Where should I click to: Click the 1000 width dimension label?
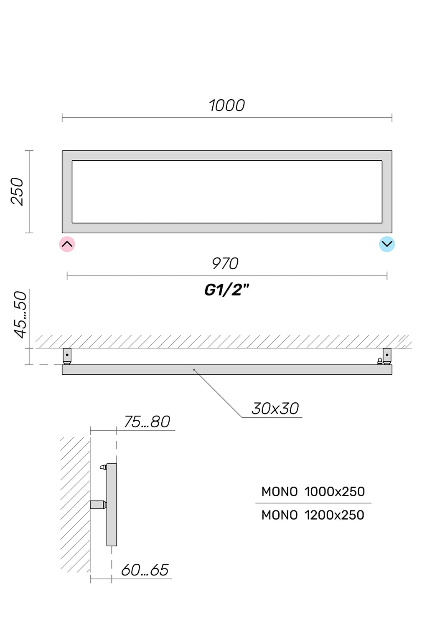pyautogui.click(x=227, y=106)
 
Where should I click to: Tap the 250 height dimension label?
pyautogui.click(x=17, y=192)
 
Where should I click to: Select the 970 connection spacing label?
pyautogui.click(x=225, y=263)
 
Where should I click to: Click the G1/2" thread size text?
pyautogui.click(x=226, y=290)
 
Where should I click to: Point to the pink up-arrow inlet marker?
pyautogui.click(x=67, y=244)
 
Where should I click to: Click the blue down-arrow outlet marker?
pyautogui.click(x=387, y=244)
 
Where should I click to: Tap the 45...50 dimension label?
pyautogui.click(x=20, y=315)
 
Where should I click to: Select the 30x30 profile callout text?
pyautogui.click(x=275, y=409)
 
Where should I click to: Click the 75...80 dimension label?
pyautogui.click(x=147, y=422)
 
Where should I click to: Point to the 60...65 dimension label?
pyautogui.click(x=145, y=570)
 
